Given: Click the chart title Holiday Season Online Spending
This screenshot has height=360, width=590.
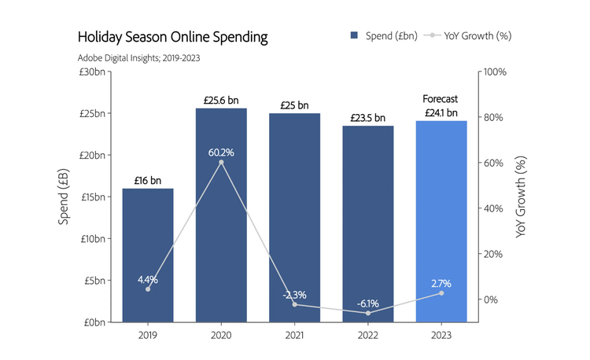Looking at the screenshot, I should [x=172, y=37].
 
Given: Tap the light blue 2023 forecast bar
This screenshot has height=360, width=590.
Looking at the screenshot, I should [x=441, y=220].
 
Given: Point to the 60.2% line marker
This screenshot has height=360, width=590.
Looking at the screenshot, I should [x=221, y=162].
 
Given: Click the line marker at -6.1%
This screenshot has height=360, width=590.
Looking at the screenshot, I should [x=367, y=313].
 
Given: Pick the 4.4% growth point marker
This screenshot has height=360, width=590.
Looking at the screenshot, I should [x=147, y=289].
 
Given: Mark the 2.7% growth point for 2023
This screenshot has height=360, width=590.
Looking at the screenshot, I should [x=441, y=293].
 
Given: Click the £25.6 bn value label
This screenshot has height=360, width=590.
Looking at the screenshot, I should [x=221, y=101].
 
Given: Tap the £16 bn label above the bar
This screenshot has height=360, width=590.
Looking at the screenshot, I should [x=147, y=181].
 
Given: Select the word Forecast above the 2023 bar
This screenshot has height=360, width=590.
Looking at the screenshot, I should [x=441, y=99].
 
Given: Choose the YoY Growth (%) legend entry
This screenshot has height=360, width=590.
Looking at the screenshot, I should [x=469, y=35].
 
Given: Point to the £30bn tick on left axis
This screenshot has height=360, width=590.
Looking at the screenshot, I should [x=94, y=72].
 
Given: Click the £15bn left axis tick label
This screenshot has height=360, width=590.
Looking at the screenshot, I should [x=94, y=197].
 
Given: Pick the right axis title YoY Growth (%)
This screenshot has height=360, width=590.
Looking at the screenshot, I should [x=521, y=197].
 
